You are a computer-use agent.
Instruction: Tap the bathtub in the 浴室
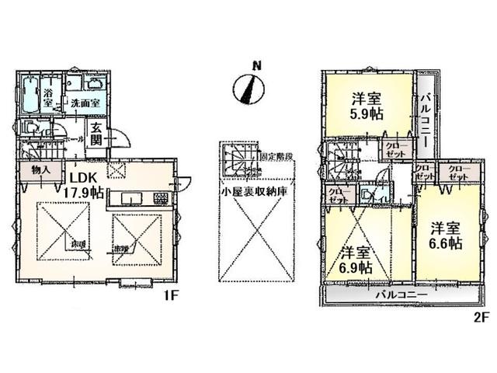[30, 95]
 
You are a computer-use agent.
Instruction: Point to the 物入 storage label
[41, 170]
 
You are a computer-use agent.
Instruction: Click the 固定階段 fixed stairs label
[276, 155]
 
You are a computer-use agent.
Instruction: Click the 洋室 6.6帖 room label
[447, 235]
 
